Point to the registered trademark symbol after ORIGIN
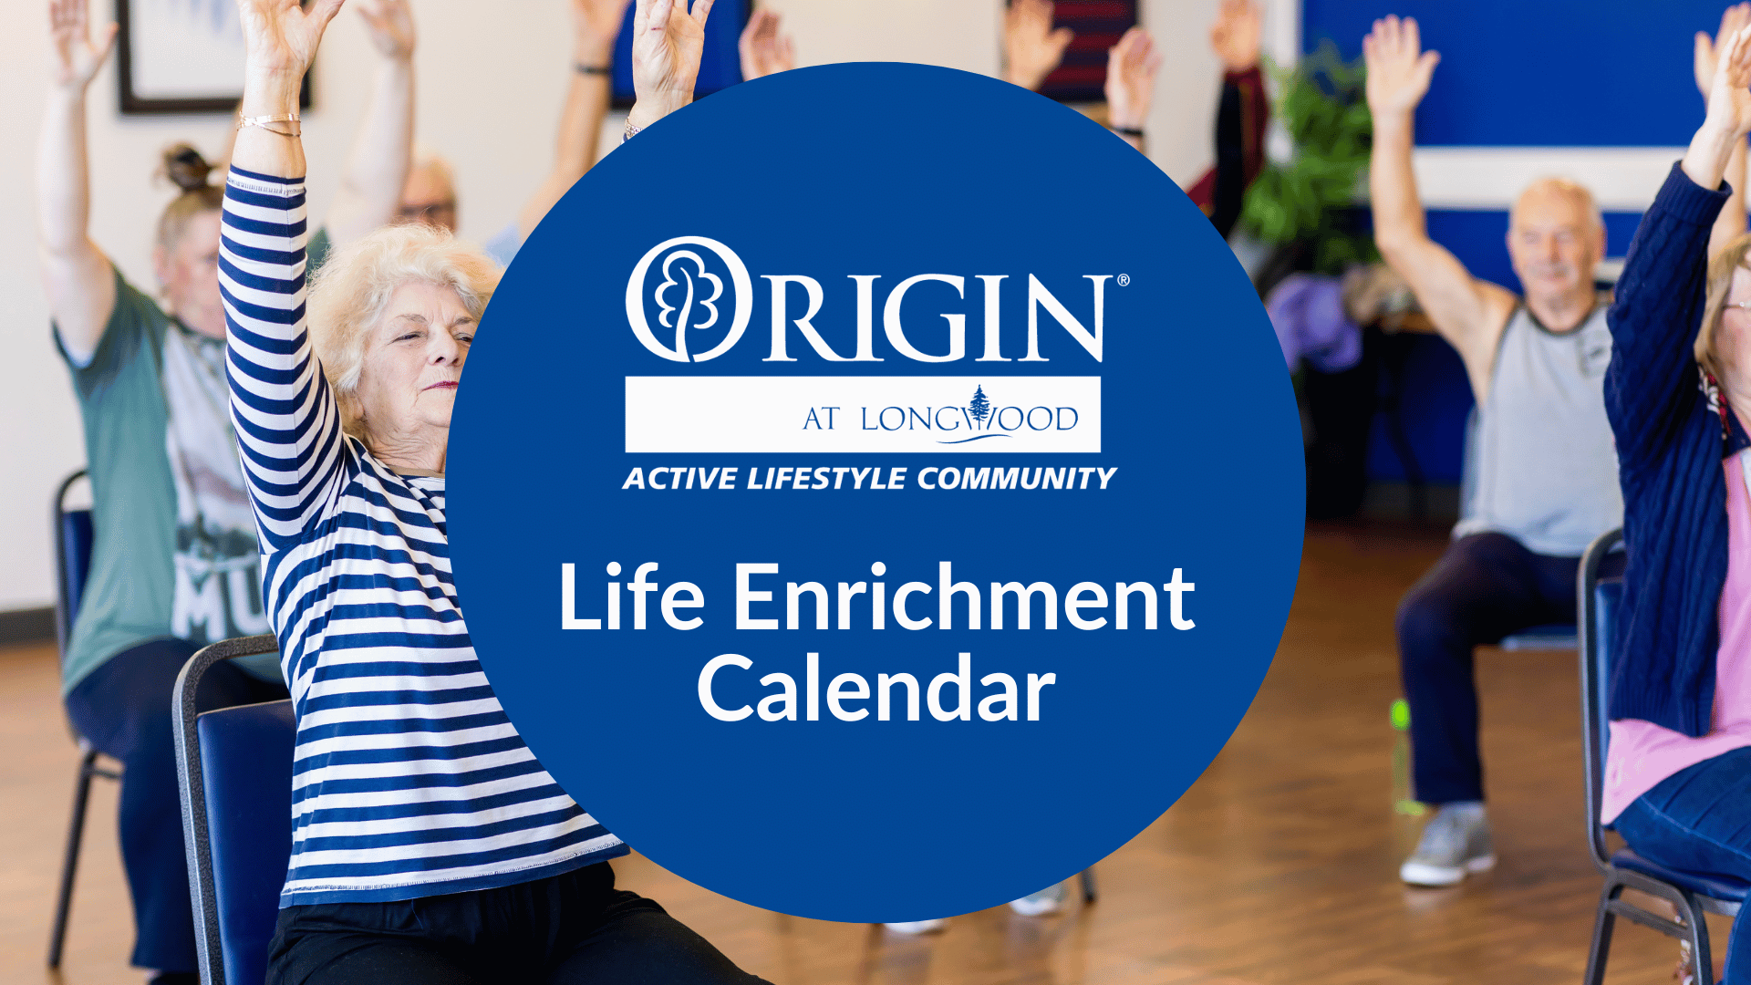1123,280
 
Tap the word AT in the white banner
821,419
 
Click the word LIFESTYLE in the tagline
827,479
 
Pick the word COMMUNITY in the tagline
1016,479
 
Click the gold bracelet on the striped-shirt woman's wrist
268,124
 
